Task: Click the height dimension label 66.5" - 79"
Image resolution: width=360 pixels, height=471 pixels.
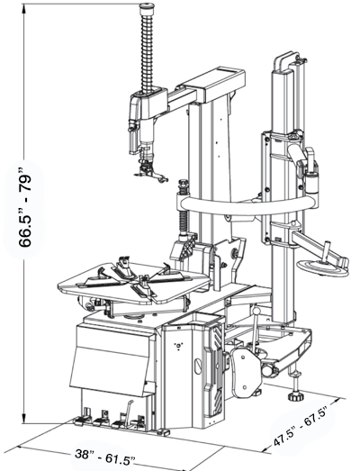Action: pos(24,210)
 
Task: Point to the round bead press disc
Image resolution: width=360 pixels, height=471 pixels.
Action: pos(322,267)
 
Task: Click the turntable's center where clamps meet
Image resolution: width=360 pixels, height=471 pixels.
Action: pos(141,280)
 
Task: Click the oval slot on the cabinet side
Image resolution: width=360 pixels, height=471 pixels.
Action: pos(198,366)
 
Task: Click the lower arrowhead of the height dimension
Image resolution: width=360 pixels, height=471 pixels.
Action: pos(24,418)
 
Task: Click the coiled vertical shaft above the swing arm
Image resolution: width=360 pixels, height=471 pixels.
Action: pos(147,51)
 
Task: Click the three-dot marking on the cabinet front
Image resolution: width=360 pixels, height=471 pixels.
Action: pos(178,347)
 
